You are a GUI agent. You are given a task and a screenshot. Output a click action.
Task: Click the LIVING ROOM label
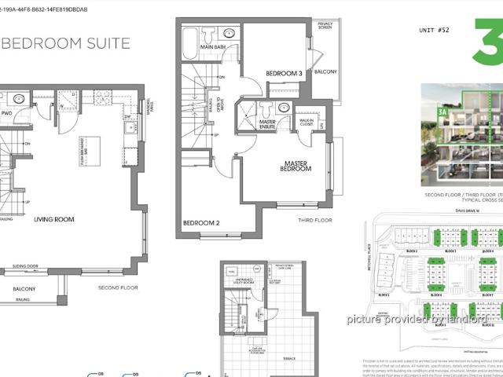tap(53, 220)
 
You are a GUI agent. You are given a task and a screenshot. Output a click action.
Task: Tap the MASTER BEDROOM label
tap(299, 167)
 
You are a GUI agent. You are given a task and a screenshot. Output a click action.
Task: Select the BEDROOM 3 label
tap(285, 74)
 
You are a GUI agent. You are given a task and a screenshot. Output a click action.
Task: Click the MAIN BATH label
tap(214, 47)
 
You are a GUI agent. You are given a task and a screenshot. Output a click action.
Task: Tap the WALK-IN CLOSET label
tap(307, 123)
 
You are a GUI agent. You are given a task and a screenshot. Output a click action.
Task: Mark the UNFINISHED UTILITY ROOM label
tap(243, 278)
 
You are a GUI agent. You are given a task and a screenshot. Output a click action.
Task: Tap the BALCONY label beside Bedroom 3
tap(325, 72)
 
